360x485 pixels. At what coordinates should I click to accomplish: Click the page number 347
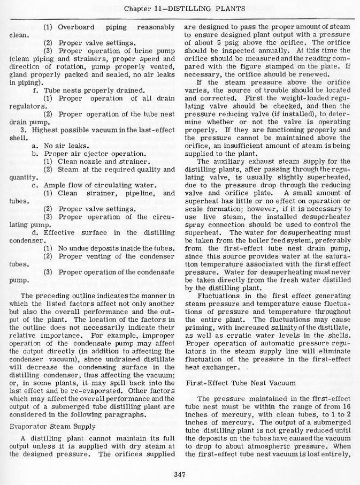coord(180,473)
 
